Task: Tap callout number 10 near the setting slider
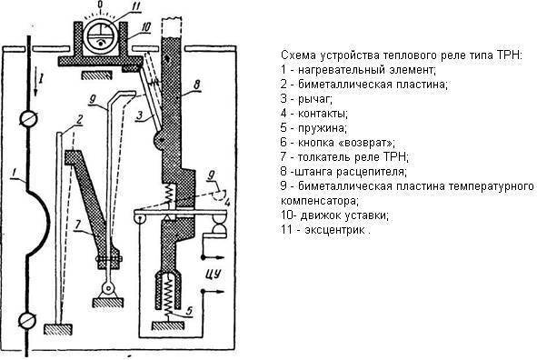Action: [145, 27]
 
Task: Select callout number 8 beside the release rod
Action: [196, 85]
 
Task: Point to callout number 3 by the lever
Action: [139, 115]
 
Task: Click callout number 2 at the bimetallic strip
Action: [79, 120]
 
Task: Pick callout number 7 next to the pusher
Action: [78, 225]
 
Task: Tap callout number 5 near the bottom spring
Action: [189, 311]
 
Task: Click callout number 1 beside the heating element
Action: [14, 174]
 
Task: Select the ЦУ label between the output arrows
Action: [213, 275]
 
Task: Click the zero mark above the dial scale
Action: [100, 5]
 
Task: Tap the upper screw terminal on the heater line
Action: [28, 119]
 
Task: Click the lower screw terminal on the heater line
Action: [27, 320]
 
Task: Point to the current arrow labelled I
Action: [35, 84]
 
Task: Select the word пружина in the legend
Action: [323, 128]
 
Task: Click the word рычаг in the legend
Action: [314, 99]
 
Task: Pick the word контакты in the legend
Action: [323, 113]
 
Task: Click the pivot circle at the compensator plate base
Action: [108, 288]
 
